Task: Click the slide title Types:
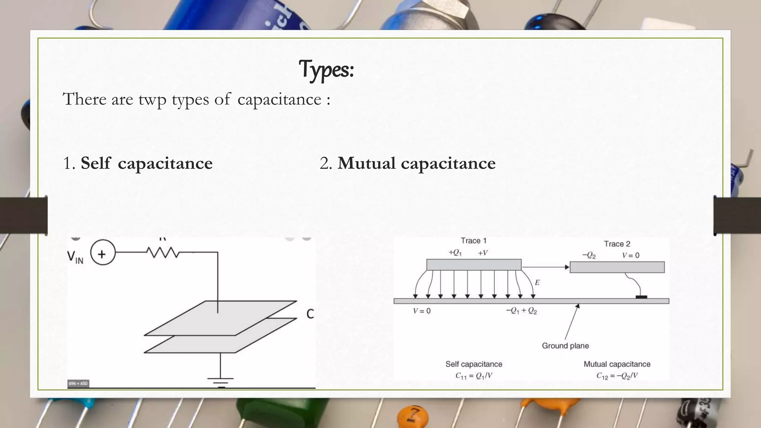326,69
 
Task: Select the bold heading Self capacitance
146,163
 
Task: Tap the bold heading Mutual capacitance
416,163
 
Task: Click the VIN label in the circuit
75,257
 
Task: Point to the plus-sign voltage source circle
102,254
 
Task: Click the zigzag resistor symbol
163,253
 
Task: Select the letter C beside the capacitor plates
310,314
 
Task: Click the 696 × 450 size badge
78,383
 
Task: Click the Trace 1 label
473,241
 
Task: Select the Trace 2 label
617,244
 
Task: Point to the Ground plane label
565,346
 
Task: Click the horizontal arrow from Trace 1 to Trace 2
545,267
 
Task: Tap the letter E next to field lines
537,283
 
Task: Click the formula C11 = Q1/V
474,376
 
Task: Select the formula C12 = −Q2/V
617,376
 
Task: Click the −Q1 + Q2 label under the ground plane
521,311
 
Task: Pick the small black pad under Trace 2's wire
641,297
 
